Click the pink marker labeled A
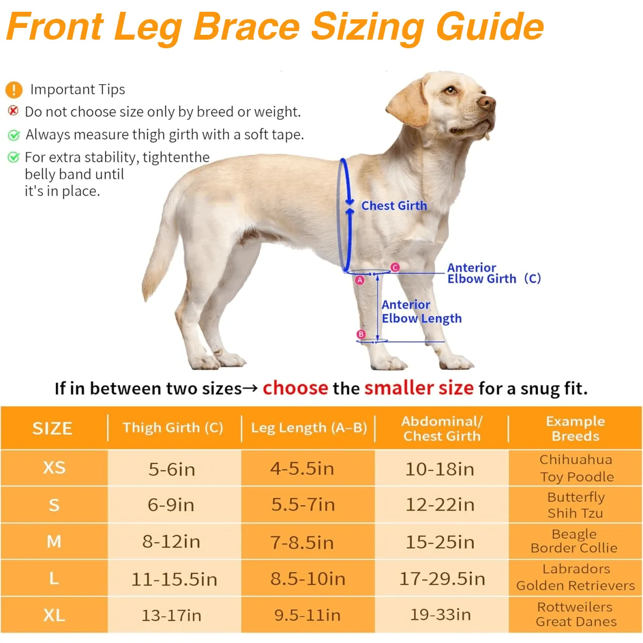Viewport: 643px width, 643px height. (360, 280)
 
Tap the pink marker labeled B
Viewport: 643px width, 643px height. (361, 334)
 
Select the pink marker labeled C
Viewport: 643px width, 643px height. (395, 267)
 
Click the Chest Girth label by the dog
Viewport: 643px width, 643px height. (394, 206)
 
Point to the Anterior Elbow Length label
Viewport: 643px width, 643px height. (422, 312)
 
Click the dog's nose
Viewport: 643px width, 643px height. (487, 102)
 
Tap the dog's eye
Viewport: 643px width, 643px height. (451, 90)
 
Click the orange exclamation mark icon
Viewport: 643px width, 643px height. (14, 90)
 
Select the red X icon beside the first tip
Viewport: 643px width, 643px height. (13, 110)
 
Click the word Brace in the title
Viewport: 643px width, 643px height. (246, 27)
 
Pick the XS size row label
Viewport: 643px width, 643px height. (54, 468)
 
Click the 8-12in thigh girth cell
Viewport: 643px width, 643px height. (171, 541)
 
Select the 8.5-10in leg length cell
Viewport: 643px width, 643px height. (308, 579)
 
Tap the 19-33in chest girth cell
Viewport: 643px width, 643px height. (440, 615)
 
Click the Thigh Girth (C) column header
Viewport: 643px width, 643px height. (173, 428)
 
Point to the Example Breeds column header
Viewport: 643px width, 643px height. (575, 429)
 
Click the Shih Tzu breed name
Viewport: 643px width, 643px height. (575, 513)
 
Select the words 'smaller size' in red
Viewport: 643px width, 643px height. (419, 388)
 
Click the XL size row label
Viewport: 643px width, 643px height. (54, 615)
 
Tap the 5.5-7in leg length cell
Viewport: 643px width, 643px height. (303, 504)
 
